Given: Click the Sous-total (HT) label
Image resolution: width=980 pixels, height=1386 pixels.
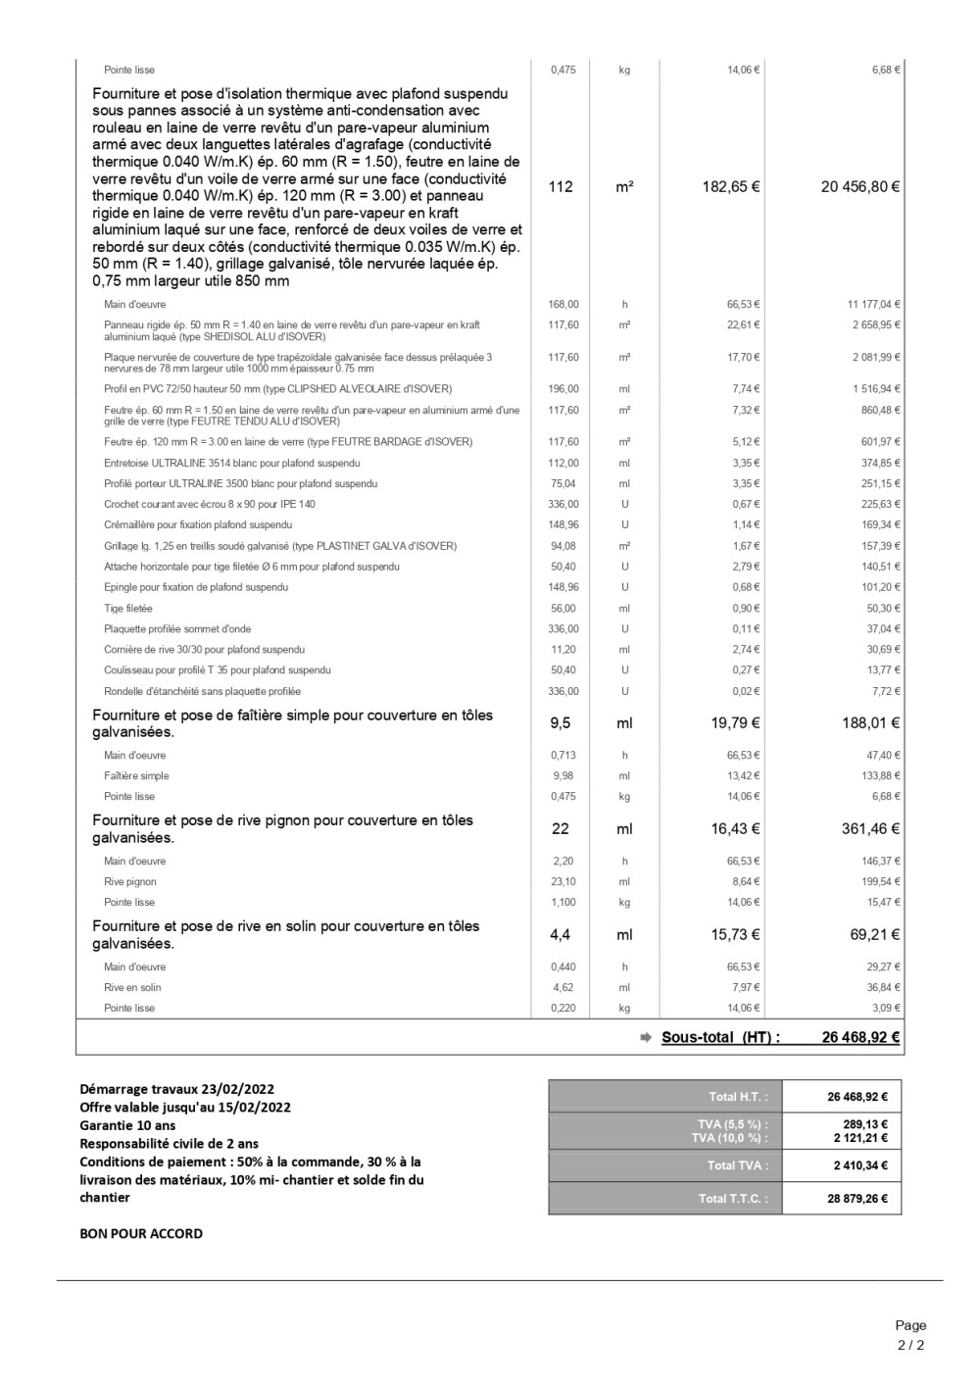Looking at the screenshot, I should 720,1038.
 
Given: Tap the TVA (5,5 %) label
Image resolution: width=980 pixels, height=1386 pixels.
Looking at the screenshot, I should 730,1124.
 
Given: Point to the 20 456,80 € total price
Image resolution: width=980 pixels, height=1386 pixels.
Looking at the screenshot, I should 859,187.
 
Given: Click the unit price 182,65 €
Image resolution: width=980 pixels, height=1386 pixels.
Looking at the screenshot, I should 730,187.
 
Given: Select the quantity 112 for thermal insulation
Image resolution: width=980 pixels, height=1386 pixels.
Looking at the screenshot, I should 561,187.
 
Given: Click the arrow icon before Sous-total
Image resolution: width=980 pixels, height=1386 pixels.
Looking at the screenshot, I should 646,1038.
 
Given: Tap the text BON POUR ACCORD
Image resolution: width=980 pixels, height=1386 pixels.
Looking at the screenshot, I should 141,1234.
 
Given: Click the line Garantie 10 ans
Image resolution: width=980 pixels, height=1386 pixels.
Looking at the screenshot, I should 127,1125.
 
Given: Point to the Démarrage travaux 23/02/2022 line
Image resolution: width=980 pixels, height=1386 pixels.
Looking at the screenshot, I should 176,1089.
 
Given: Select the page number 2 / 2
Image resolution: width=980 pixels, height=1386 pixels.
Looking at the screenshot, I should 910,1345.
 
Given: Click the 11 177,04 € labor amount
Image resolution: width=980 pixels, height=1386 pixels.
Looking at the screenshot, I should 873,305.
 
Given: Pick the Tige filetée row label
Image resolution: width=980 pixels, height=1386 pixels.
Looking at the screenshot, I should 128,609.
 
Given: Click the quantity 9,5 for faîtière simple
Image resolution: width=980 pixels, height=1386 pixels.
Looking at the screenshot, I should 561,723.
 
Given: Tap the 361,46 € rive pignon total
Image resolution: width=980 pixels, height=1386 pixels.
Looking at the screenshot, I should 870,829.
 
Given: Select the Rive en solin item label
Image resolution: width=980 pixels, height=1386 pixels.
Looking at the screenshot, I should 132,988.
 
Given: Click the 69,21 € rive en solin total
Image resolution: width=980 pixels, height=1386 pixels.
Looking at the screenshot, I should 874,935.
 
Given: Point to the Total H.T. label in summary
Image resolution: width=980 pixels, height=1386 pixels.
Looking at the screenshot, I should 738,1097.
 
